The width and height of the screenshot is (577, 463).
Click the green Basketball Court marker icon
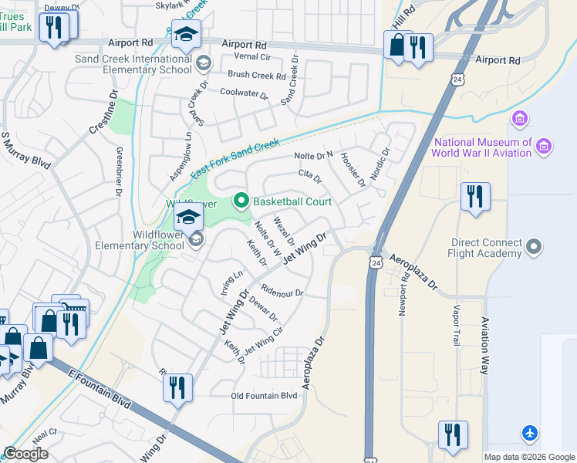tap(241, 201)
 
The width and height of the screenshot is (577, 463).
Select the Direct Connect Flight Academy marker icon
tap(533, 247)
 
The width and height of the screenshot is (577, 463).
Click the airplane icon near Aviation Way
tap(530, 433)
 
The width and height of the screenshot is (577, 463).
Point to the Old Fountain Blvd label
tap(264, 396)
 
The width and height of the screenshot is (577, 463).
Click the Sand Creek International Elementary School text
tap(133, 64)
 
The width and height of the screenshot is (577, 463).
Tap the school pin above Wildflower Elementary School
tap(187, 218)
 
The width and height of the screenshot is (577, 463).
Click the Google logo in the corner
tap(25, 454)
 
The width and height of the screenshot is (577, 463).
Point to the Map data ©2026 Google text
tap(529, 457)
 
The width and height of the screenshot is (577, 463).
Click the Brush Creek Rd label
tap(256, 76)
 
